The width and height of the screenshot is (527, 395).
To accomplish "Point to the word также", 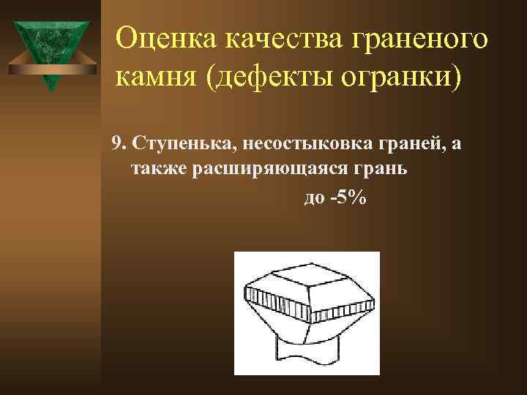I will [159, 170].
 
